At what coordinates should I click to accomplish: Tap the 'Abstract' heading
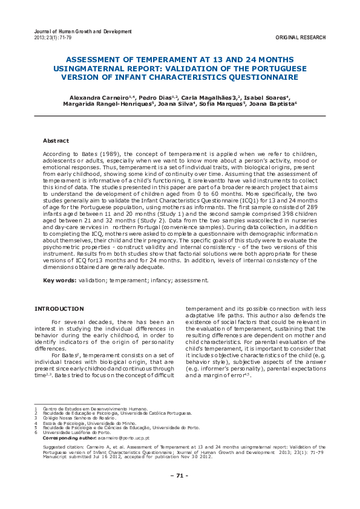(56, 141)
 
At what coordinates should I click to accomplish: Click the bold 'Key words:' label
(59, 280)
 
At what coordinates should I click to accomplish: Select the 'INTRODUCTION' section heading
(59, 309)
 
